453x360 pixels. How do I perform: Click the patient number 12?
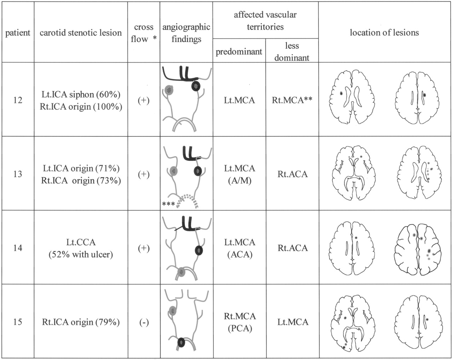(x=18, y=100)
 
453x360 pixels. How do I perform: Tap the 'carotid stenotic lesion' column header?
(x=81, y=33)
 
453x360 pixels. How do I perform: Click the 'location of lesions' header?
(x=384, y=33)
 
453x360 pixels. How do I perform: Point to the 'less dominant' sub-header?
(x=292, y=52)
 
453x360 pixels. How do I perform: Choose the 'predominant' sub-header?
(x=239, y=52)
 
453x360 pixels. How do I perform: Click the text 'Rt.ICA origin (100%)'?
(x=81, y=106)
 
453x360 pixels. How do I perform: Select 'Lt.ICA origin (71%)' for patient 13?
(x=81, y=168)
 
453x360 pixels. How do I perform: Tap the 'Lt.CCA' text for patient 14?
(x=81, y=242)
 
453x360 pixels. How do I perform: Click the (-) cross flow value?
(x=144, y=322)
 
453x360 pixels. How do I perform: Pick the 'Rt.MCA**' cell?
(x=292, y=100)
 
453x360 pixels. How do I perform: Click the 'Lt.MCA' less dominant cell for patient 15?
(x=293, y=322)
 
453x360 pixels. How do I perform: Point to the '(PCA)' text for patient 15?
(x=240, y=328)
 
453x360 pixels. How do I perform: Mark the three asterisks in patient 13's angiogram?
(x=168, y=204)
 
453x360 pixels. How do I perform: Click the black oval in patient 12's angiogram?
(x=196, y=86)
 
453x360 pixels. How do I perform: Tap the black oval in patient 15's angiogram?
(x=181, y=343)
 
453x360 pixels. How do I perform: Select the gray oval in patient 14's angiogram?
(x=181, y=272)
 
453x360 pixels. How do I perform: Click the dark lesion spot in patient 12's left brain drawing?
(x=341, y=93)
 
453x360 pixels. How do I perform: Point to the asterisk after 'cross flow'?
(x=155, y=38)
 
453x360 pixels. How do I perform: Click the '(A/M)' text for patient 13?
(x=240, y=180)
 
